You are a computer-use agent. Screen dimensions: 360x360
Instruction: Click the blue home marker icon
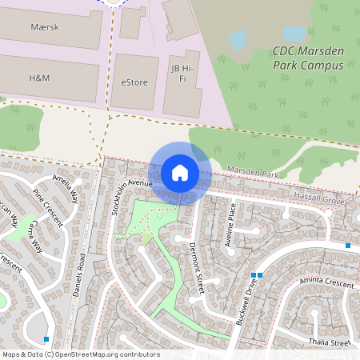(180, 172)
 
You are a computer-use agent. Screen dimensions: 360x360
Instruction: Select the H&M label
(38, 78)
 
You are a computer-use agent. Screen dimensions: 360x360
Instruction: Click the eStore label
(134, 82)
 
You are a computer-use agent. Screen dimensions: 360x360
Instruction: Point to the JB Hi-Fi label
(184, 74)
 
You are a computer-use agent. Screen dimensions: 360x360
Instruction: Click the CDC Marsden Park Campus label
(308, 57)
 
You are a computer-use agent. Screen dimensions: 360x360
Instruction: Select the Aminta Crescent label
(327, 282)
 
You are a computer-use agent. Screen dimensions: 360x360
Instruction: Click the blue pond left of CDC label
(238, 38)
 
